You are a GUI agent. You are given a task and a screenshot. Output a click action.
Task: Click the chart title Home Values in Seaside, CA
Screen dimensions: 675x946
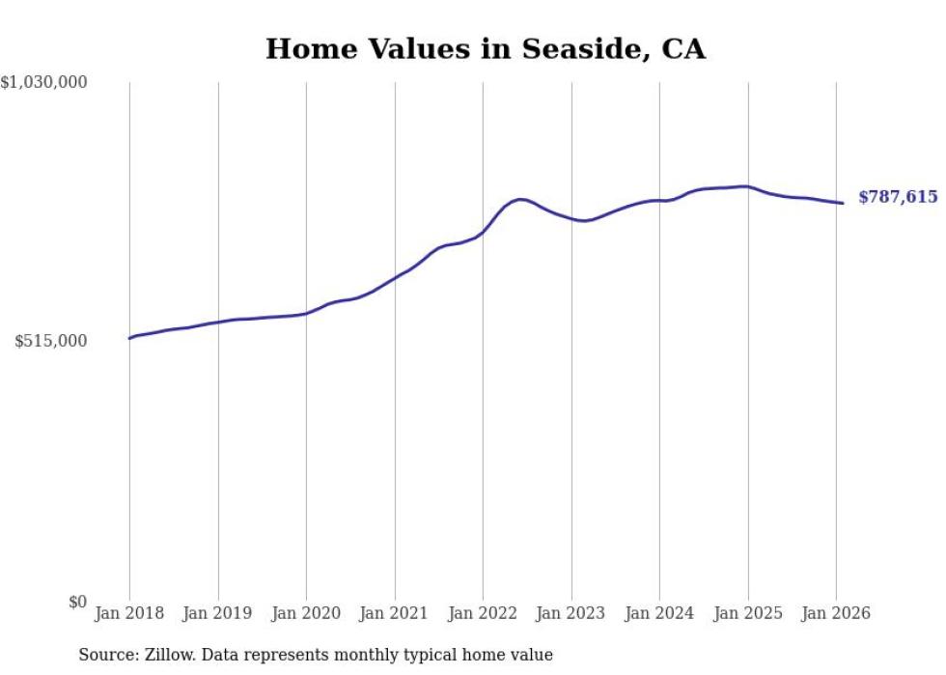pos(485,49)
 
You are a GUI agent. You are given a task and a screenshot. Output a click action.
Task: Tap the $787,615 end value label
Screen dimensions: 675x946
pos(898,197)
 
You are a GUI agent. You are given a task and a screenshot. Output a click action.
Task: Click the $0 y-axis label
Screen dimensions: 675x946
pos(77,603)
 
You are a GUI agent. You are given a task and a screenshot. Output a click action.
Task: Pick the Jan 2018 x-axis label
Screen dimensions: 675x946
pos(129,613)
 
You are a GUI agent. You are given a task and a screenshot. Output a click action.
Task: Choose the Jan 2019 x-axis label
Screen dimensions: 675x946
pos(217,613)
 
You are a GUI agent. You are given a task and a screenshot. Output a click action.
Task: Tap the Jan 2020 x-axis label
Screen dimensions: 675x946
pos(306,613)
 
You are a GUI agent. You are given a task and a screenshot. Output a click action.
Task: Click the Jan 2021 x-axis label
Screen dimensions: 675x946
pos(394,613)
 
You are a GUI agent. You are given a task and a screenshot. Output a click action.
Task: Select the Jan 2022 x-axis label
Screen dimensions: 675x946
pos(483,613)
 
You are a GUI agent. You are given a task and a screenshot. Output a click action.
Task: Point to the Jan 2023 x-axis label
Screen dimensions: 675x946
pos(570,613)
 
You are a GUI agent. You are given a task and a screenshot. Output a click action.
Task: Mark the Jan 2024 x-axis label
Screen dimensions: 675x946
pos(659,613)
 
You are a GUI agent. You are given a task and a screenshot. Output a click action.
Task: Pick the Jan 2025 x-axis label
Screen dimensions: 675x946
pos(747,613)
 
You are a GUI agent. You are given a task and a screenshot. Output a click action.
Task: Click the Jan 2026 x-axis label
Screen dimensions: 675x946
pos(836,613)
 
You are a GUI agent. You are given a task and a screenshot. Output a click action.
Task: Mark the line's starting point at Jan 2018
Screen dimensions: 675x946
pos(129,338)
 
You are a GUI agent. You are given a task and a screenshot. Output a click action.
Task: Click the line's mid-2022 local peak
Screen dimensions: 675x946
pos(521,199)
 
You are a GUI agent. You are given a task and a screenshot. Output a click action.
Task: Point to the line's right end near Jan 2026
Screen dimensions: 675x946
pos(843,203)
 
